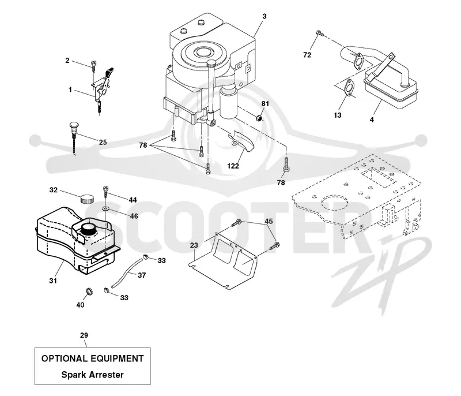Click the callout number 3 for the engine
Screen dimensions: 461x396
coord(264,16)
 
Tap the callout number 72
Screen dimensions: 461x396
coord(307,55)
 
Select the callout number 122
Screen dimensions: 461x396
coord(233,166)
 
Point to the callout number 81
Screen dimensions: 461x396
coord(265,104)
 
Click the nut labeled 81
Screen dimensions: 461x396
coord(258,118)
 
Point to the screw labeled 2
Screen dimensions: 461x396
coord(94,65)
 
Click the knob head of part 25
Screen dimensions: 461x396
coord(74,125)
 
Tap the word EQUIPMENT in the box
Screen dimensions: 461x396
coord(118,358)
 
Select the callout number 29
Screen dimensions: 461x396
coord(84,335)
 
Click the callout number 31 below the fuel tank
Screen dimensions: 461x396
coord(53,281)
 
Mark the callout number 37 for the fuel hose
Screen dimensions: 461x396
coord(142,275)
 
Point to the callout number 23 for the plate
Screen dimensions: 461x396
coord(194,245)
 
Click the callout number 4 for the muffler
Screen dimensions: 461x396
coord(372,120)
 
